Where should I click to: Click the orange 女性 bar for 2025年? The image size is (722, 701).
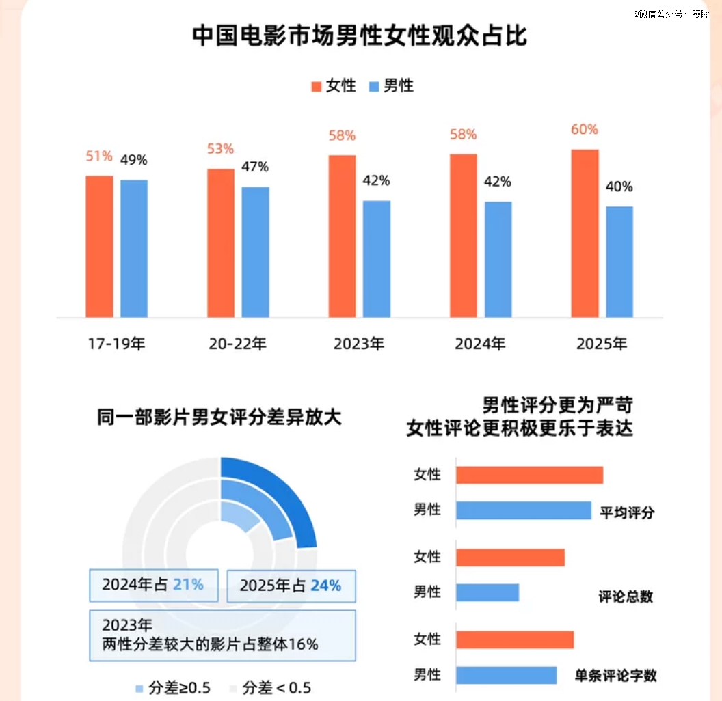pos(585,233)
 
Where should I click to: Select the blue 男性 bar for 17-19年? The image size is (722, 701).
pos(134,248)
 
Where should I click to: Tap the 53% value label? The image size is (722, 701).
pos(221,149)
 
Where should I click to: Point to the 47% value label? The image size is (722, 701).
pos(255,167)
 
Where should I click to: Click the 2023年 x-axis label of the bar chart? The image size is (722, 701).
pos(359,344)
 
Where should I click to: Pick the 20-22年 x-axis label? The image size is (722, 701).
pos(238,344)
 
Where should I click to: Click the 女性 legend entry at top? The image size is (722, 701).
pos(334,85)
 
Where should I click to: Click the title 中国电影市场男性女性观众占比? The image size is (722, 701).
pos(360,36)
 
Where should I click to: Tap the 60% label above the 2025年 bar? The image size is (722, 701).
pos(585,130)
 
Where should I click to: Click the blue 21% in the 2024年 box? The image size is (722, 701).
pos(188,585)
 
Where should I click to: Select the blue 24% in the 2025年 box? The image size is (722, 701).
pos(325,586)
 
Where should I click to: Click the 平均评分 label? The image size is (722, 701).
pos(626,512)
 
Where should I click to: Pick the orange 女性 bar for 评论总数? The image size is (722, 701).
pos(510,558)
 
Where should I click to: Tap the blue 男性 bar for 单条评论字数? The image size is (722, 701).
pos(506,675)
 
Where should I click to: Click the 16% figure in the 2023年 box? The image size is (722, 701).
pos(304,644)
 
